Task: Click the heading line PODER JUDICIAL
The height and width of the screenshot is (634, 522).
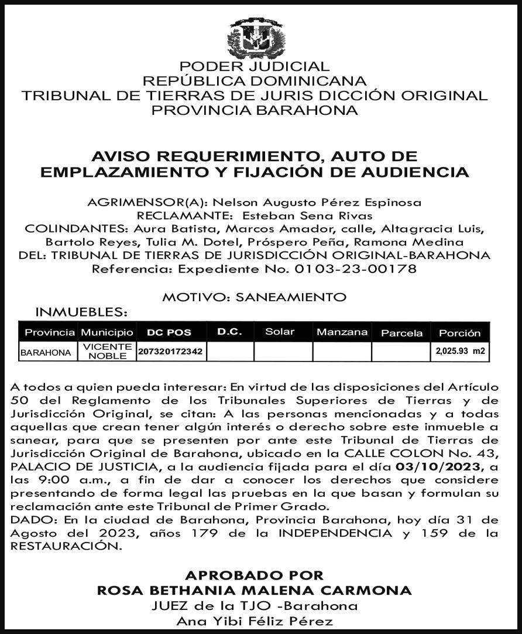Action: [255, 67]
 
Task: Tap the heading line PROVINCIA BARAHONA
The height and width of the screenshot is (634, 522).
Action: [255, 110]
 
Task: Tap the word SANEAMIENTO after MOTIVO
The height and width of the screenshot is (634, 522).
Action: [290, 296]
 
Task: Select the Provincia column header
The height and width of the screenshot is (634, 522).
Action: [50, 333]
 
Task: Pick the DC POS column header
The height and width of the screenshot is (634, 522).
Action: [169, 333]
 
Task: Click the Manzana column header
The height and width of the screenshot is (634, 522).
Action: [342, 332]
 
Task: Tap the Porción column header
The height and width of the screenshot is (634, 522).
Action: [459, 333]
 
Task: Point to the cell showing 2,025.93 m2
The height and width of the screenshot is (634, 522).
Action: [460, 352]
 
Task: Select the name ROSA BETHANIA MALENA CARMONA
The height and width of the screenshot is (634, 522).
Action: [254, 589]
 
